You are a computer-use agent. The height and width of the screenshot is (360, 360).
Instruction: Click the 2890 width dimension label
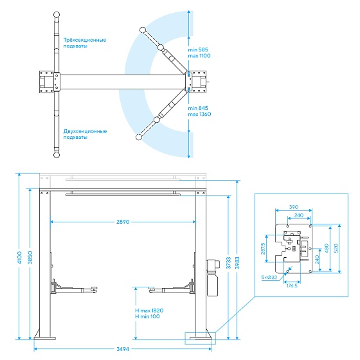pos(123,222)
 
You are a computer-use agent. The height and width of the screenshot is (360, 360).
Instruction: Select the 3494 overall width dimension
pos(123,349)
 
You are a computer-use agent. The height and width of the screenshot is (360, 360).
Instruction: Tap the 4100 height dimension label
pos(19,257)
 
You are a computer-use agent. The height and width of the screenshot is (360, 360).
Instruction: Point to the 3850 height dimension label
pos(30,257)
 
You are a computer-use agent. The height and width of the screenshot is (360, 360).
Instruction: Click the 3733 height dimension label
pos(228,263)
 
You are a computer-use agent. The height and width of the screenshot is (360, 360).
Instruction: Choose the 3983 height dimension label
pos(237,263)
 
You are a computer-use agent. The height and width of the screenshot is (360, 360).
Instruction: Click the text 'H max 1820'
pos(149,310)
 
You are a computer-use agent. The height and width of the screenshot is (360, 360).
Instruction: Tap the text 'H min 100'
pos(147,316)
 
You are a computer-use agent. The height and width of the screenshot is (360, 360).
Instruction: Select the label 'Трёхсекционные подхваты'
pos(85,43)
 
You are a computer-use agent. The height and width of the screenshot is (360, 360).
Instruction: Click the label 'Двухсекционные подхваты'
pos(85,134)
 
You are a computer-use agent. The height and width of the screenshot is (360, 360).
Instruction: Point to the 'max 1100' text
pos(199,56)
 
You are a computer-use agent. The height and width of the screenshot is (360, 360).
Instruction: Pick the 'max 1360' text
pos(199,114)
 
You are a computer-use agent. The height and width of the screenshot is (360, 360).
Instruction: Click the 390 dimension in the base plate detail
pos(294,207)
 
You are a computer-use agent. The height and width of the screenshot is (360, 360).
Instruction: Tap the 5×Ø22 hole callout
pos(269,277)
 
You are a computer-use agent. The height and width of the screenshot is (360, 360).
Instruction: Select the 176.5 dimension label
pos(292,285)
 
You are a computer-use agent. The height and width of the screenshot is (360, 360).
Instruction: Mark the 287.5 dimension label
pos(263,249)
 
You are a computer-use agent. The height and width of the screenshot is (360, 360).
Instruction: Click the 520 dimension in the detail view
pos(336,248)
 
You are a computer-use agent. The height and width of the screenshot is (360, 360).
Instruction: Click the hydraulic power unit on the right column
pos(212,278)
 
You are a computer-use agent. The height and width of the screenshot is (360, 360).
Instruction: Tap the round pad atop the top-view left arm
pos(57,15)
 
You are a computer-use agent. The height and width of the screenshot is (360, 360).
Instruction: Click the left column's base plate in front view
pos(45,338)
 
